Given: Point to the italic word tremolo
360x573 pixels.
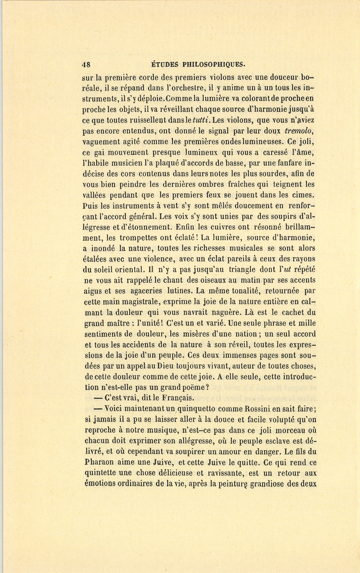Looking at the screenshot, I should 300,131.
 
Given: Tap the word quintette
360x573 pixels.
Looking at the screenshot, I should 102,473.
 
